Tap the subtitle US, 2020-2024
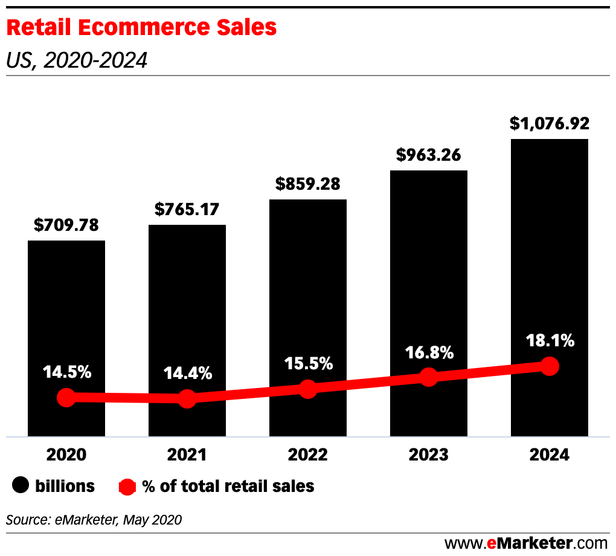coord(77,60)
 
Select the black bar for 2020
coord(66,314)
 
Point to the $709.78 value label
coord(66,225)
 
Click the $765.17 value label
coord(187,210)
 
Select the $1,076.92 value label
coord(550,124)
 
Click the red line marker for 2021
coord(187,398)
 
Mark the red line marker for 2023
coord(429,377)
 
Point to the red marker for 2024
coord(550,366)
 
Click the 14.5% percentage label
coord(66,372)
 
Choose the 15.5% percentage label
coord(308,364)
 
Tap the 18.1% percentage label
coord(550,341)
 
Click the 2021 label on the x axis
coord(187,455)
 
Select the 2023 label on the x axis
coord(429,455)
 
